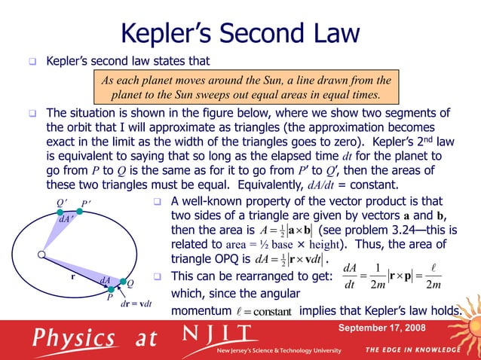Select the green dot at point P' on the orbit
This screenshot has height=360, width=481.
pyautogui.click(x=81, y=212)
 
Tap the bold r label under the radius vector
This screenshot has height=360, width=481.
pyautogui.click(x=72, y=276)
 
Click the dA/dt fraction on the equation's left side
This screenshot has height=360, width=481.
pyautogui.click(x=348, y=275)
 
